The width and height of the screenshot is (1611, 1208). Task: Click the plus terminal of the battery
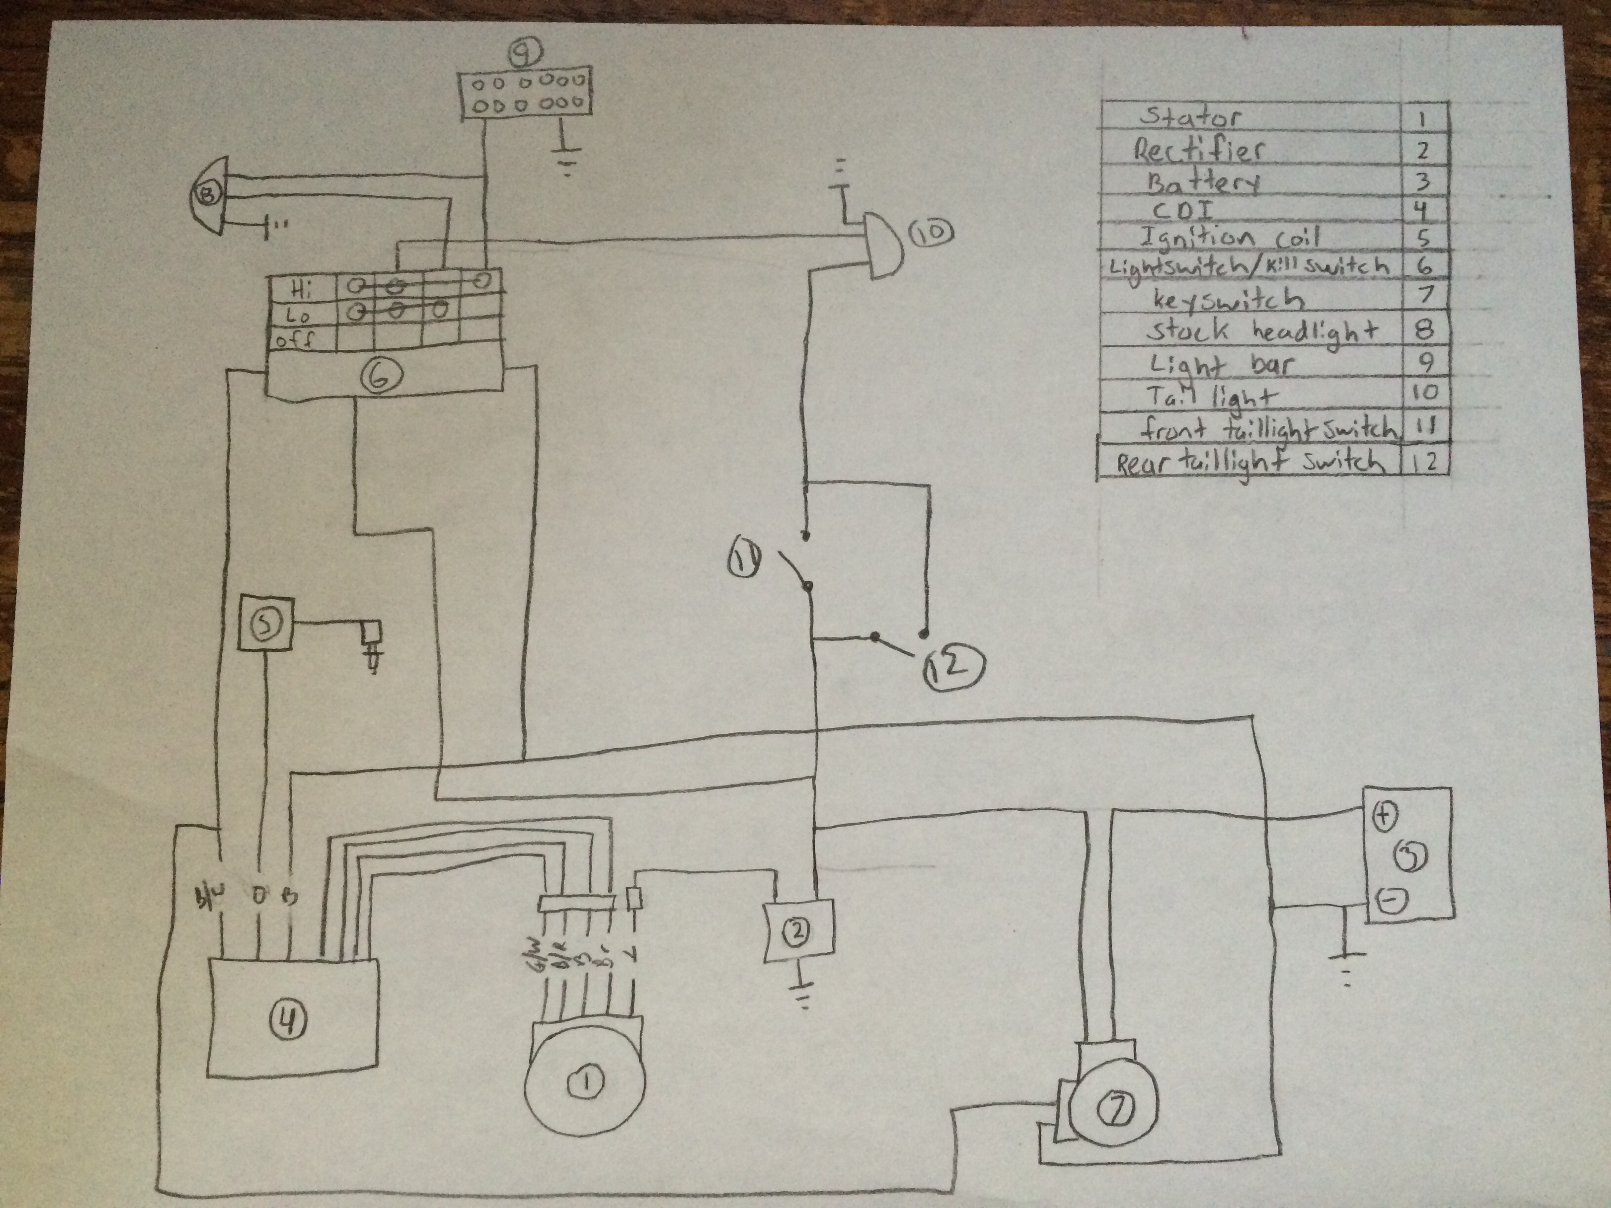pos(1384,816)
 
